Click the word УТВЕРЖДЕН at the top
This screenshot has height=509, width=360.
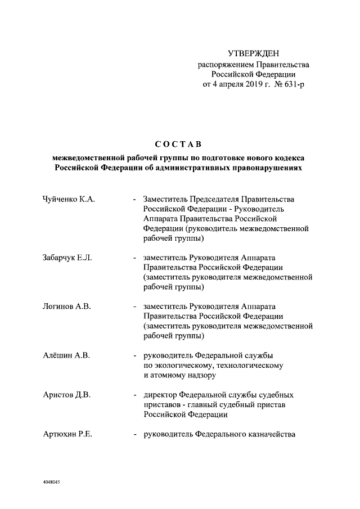click(253, 54)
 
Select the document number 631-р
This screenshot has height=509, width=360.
click(291, 84)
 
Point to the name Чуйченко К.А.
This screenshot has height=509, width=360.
click(68, 199)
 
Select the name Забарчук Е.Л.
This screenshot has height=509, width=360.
click(67, 258)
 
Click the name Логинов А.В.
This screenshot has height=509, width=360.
click(66, 307)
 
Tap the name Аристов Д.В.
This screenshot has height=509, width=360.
click(66, 395)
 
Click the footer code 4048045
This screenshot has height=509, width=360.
click(52, 482)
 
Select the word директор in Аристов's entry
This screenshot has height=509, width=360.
click(161, 395)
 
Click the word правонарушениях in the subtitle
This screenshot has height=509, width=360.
click(266, 168)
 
